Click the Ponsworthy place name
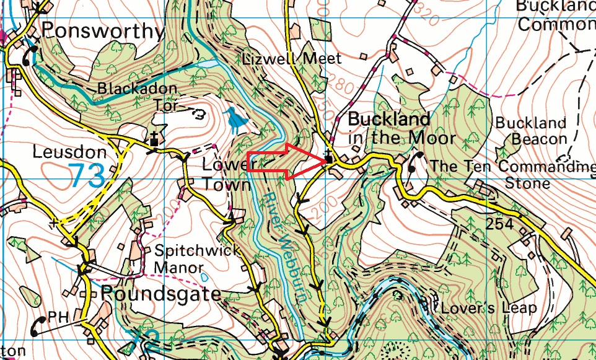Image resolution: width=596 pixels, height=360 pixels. point(103,31)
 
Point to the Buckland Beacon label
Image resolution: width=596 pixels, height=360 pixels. point(531,131)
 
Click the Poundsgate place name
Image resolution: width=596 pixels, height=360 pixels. point(160,293)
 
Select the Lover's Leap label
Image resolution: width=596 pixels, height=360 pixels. point(484,308)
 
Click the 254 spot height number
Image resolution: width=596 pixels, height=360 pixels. point(499,224)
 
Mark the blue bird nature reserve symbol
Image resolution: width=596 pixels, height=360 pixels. point(234,120)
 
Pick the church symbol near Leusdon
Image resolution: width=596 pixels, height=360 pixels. point(153,141)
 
